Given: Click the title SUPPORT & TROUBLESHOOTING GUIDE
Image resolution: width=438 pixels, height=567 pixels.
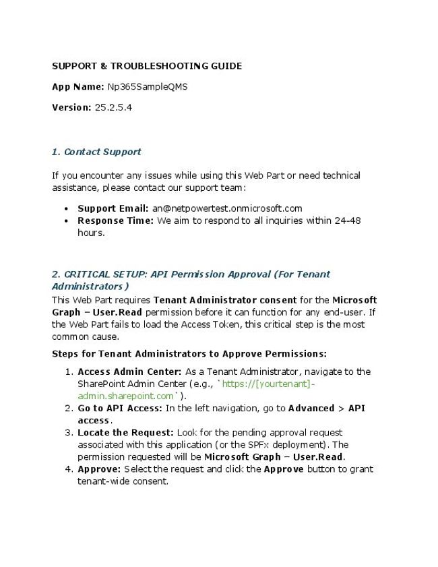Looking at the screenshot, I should coord(147,66).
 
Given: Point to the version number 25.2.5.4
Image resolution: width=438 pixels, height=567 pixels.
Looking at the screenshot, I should coord(113,107).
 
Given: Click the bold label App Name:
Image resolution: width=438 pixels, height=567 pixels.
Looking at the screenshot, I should coord(78,87).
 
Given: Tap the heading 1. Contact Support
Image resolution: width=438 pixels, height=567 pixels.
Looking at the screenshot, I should coord(96,152).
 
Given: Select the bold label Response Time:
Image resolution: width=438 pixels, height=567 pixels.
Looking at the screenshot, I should coord(115,220).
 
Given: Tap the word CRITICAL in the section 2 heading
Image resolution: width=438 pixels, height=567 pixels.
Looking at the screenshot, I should coord(86,274).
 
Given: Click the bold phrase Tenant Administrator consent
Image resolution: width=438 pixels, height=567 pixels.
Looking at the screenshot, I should coord(224,300).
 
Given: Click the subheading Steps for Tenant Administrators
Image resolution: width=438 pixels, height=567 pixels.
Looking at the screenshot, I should coord(189,353).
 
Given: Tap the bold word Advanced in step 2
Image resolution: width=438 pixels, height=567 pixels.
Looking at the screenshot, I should coord(311,408).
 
